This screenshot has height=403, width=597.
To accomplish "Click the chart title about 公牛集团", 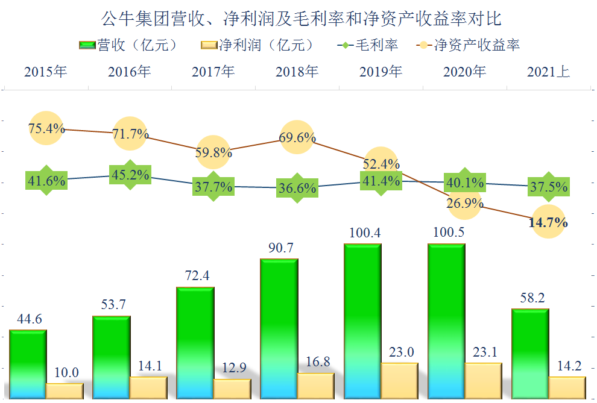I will pos(298,18).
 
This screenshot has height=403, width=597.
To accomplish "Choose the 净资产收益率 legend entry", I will pos(468,45).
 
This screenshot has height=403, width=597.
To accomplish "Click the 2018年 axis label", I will pos(297,72).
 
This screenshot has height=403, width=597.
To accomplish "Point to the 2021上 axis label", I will pos(548,72).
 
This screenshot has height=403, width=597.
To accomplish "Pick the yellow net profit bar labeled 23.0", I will pos(399,380).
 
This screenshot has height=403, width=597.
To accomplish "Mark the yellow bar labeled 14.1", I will pos(148,387).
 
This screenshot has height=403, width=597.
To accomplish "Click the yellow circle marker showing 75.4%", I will pos(46,128).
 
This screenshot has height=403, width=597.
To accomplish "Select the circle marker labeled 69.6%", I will pos(298,138).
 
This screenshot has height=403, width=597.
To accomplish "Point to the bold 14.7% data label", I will pos(548,223).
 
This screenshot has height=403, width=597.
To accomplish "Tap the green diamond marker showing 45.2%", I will pos(130,175).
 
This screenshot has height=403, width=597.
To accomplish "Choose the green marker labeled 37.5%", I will pos(549,187).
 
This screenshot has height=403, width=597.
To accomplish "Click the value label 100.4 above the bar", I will pos(363,233).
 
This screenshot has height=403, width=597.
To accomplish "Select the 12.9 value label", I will pos(232,368).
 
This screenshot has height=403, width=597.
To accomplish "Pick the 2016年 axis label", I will pos(129,72).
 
